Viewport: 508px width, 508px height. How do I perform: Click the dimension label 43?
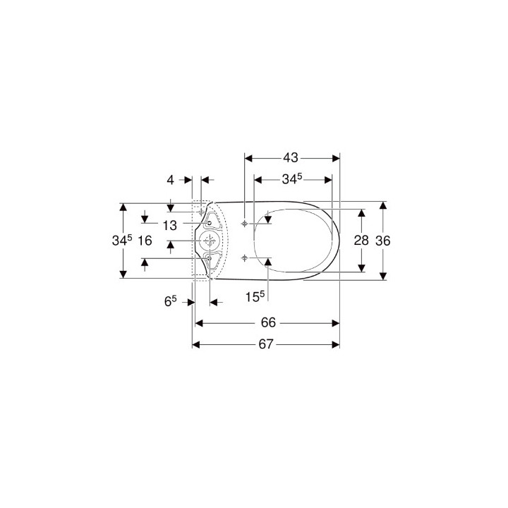(290, 158)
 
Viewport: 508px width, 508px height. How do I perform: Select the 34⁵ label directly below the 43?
(292, 179)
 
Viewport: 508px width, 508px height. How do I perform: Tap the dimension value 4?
(171, 180)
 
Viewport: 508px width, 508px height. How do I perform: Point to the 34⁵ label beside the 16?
(122, 241)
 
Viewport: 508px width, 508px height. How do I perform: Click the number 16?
(145, 241)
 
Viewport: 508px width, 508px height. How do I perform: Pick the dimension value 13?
(170, 226)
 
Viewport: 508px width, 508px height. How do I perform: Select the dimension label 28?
(361, 241)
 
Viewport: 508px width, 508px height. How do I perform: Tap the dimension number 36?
(383, 241)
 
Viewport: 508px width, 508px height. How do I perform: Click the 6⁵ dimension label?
(171, 301)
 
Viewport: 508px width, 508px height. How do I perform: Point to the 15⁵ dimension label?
(255, 296)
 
